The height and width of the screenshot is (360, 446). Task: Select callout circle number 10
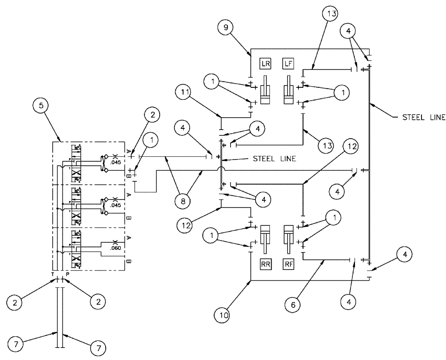224,315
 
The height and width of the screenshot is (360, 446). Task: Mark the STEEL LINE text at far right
424,118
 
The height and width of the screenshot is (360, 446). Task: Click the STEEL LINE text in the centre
273,158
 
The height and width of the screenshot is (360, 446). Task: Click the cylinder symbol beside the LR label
266,90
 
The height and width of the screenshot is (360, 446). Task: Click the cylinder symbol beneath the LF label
289,90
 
